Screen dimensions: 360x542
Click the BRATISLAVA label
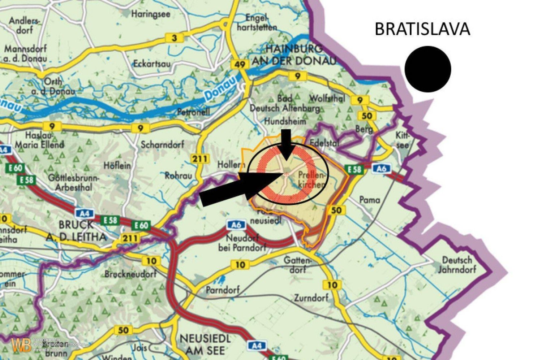tap(422, 29)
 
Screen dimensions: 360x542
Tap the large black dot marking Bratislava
tap(428, 69)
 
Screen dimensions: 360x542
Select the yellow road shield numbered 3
tap(175, 38)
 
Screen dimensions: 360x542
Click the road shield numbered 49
tap(240, 64)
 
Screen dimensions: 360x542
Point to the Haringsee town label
tap(150, 14)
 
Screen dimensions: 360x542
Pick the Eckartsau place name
tap(152, 64)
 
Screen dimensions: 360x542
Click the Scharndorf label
tap(162, 144)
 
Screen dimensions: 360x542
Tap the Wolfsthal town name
tap(327, 98)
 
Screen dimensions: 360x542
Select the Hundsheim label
tap(285, 122)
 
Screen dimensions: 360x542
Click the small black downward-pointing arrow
tap(286, 144)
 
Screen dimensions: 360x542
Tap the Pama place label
tap(370, 200)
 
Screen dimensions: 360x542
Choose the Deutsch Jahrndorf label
tap(457, 264)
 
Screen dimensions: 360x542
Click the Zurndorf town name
tap(311, 298)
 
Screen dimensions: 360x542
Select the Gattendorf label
tap(297, 265)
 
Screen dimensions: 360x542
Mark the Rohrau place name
tap(178, 176)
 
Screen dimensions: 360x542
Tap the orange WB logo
tap(21, 345)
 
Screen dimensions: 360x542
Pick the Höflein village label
tap(117, 166)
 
